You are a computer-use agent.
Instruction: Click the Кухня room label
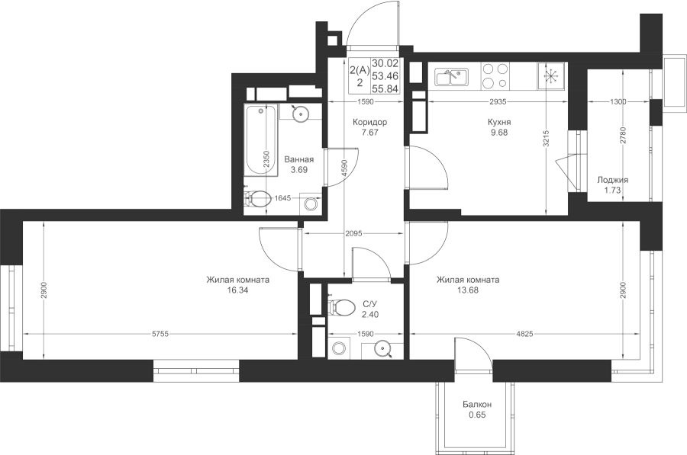499,122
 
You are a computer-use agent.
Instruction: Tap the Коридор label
370,122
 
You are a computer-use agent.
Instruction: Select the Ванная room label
298,160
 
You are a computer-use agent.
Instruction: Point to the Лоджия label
612,180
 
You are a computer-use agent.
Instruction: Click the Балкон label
477,405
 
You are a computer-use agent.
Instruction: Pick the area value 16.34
238,290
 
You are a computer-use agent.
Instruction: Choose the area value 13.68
467,290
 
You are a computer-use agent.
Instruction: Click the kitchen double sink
452,77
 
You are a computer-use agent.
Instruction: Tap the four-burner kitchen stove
495,75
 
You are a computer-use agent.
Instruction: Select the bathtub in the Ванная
262,140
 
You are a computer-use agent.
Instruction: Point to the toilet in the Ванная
258,199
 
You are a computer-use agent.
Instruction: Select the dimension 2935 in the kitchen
498,102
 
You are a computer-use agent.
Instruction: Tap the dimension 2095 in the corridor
353,234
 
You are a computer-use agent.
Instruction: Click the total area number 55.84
385,89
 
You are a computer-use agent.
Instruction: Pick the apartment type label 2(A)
360,70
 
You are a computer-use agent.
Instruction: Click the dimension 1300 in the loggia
618,102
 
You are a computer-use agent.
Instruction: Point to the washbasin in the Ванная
301,114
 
